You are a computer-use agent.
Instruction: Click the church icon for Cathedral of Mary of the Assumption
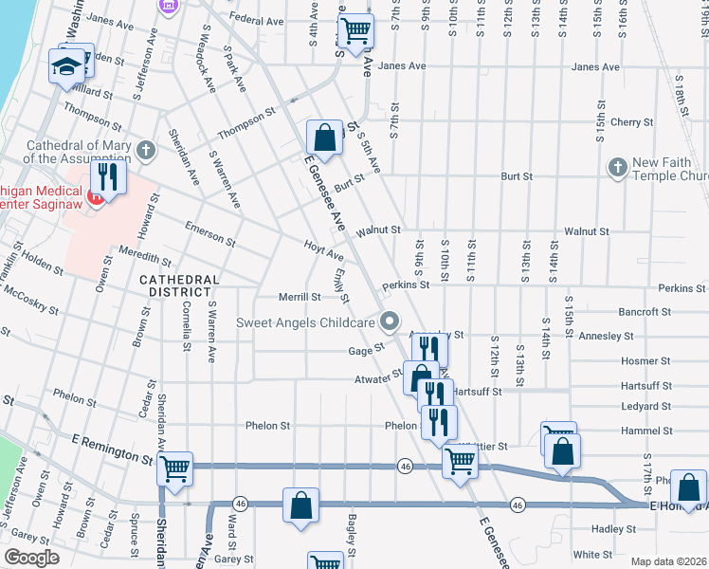click(145, 150)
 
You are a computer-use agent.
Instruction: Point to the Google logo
click(31, 558)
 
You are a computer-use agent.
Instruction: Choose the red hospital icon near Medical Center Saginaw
click(93, 197)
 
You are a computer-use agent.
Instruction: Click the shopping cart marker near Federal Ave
click(354, 30)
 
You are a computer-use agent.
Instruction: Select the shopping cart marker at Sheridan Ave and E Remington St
click(174, 468)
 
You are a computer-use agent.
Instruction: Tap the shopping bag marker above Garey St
click(300, 505)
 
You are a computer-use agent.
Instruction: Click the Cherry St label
click(627, 122)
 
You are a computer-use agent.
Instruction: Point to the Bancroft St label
click(645, 311)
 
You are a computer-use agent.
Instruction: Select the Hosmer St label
click(645, 361)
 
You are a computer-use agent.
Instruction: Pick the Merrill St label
click(300, 297)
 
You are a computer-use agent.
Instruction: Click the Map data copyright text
click(668, 561)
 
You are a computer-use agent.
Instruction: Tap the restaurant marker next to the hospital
click(106, 177)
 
